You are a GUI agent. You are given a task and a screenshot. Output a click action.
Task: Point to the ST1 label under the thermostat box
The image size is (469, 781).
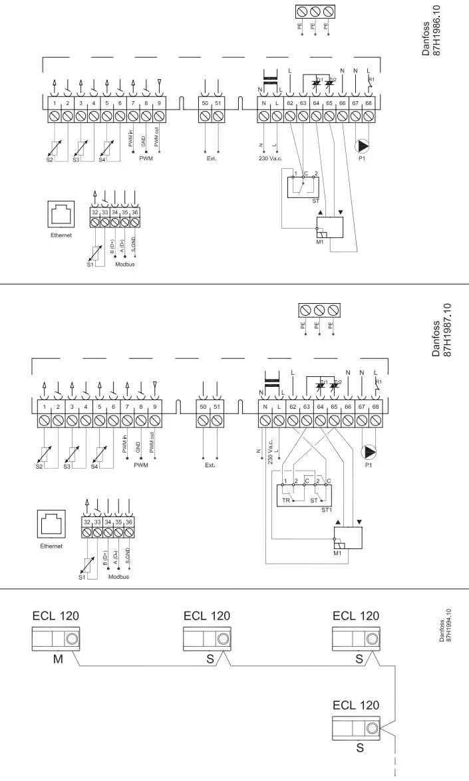326,510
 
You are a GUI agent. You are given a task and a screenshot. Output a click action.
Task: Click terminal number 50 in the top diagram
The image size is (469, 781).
204,102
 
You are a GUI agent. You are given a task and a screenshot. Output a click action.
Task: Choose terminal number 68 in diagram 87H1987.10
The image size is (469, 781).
376,406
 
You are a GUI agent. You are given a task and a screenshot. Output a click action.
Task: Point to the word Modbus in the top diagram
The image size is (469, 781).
124,263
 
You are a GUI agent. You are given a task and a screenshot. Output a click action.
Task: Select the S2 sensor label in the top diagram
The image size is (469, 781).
49,160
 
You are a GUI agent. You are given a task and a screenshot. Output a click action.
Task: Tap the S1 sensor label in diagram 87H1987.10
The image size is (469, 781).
82,577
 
